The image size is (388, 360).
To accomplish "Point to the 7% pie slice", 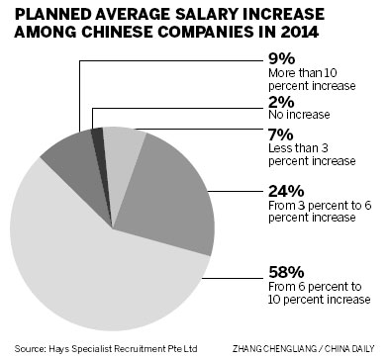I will (121, 146).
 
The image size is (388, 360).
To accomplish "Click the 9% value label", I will (283, 56).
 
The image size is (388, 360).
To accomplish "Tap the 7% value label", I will (282, 135).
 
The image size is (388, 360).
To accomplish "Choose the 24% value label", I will (288, 194).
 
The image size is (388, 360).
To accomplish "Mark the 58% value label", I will (288, 268).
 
